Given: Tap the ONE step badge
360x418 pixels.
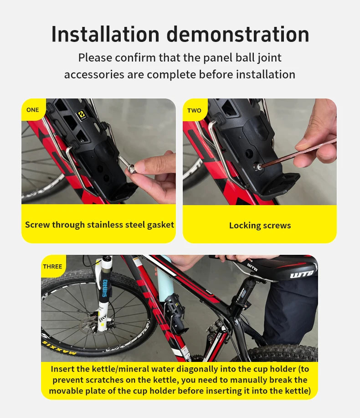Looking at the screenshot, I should (x=33, y=110).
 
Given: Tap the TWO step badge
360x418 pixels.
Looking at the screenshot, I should (x=194, y=110).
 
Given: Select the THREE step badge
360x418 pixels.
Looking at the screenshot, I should (x=52, y=266).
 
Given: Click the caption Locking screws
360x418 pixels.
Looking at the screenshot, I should (x=260, y=226).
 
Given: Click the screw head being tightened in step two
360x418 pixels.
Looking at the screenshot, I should (x=258, y=167).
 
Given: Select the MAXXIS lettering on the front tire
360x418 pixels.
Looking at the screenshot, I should (x=59, y=348).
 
